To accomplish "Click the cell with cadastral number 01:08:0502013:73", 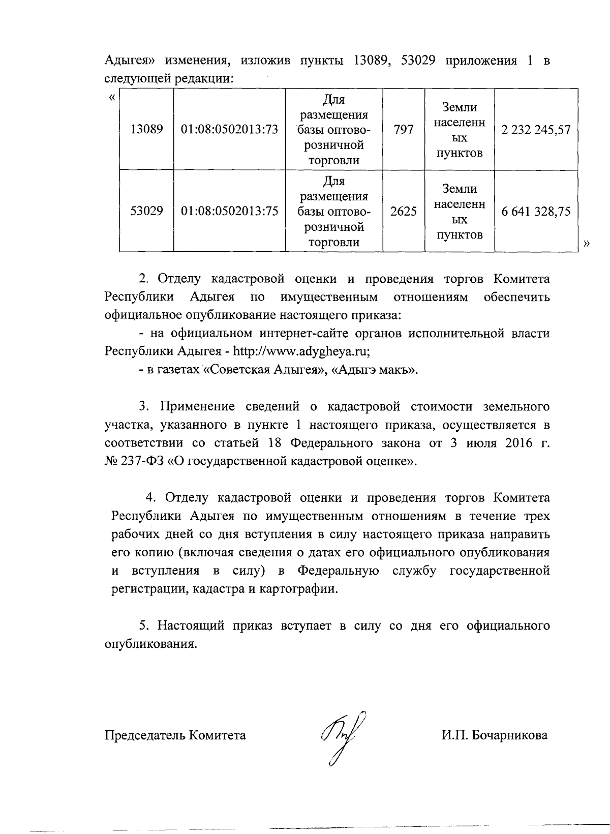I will point(229,130).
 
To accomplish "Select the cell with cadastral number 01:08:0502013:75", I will point(229,211).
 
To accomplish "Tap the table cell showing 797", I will point(403,130).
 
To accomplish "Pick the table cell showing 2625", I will point(403,211).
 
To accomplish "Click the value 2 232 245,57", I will point(536,130).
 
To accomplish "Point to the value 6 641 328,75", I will point(536,211).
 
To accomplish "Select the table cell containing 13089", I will point(146,130).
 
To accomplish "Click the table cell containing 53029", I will point(146,211).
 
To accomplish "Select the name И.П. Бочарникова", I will point(494,735).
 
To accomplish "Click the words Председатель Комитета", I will point(175,735).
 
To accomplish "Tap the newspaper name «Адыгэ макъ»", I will point(374,370).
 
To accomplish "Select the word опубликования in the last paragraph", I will point(150,644).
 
